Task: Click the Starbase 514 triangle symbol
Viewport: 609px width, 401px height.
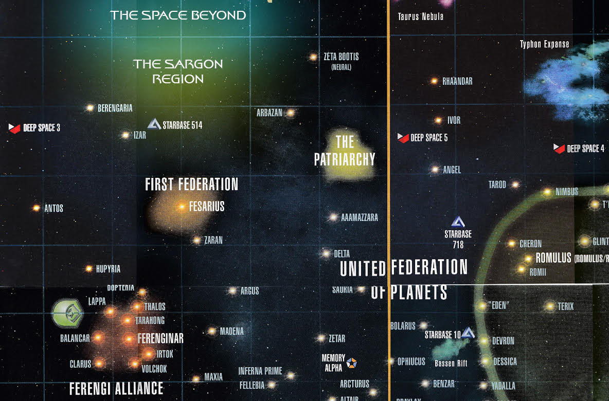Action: (154, 124)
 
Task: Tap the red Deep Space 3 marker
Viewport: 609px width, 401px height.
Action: (14, 127)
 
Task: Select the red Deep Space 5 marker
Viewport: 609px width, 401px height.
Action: (403, 137)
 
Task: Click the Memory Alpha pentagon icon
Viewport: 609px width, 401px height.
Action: (352, 362)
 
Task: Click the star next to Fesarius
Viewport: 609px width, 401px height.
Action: (181, 207)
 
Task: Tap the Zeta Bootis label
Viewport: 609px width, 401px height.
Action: (341, 57)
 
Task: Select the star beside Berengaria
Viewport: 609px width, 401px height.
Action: (90, 108)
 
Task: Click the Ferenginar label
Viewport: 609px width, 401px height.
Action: (160, 339)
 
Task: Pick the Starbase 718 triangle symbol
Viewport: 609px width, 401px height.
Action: (458, 222)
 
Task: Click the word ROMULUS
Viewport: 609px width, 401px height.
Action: (553, 258)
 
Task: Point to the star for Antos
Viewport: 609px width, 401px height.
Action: (36, 208)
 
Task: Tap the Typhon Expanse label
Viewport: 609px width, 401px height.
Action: (544, 44)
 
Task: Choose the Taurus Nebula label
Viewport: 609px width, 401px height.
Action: (420, 16)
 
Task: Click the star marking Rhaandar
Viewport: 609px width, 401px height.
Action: (434, 81)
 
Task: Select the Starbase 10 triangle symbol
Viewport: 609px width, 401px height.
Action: (468, 333)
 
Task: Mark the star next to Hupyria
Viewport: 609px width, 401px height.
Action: (88, 268)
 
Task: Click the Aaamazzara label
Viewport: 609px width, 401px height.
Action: (360, 217)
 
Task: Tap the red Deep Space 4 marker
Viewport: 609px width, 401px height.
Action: (559, 148)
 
